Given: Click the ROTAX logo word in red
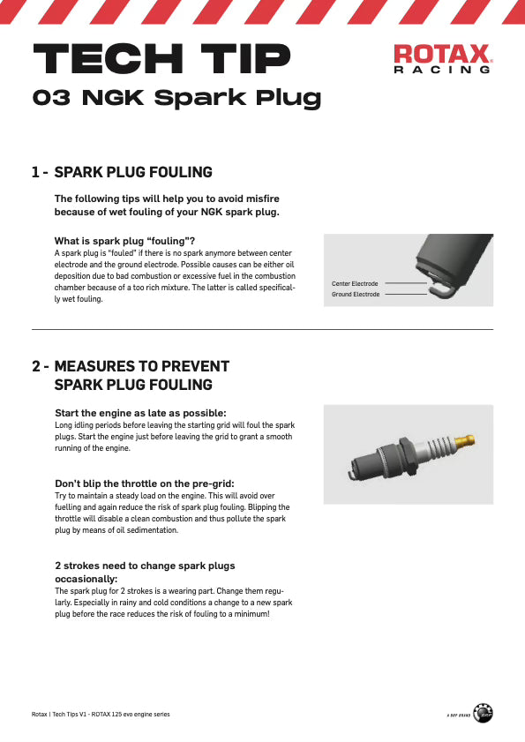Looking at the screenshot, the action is pos(443,54).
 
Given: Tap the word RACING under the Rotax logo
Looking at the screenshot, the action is pos(442,70).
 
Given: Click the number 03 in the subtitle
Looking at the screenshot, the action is pos(51,97).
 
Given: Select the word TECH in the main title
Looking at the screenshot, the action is pos(109,58).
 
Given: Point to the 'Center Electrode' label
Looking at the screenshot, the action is pos(355,283).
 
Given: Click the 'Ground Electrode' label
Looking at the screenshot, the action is pos(356,295).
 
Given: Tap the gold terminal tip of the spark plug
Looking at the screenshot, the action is pos(464,442).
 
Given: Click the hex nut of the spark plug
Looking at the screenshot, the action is pos(408,456).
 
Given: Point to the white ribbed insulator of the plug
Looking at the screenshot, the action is pos(437,447).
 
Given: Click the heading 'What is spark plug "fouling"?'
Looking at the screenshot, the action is pos(124,241).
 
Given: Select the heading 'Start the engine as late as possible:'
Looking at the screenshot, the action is pos(140,413).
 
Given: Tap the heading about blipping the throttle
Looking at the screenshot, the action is pos(145,483).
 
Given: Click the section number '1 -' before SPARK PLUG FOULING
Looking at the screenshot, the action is pos(40,172).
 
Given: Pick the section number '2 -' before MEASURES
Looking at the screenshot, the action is pos(41,366).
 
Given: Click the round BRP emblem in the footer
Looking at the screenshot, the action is pos(483,713).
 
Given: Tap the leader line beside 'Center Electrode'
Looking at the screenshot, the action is pos(406,283).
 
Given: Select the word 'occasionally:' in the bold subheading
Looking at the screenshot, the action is pos(86,579).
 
